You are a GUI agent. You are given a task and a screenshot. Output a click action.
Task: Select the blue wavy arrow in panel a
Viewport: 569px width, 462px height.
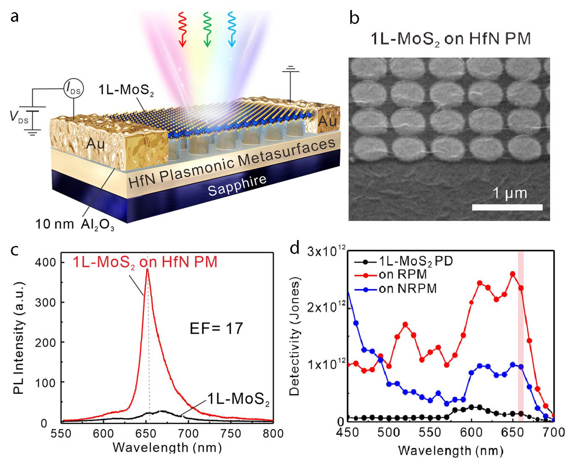click(x=232, y=29)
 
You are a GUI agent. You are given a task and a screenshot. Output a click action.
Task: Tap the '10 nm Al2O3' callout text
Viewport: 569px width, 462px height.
click(x=75, y=224)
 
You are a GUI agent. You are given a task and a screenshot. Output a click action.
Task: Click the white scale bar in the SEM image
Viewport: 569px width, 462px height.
click(x=507, y=207)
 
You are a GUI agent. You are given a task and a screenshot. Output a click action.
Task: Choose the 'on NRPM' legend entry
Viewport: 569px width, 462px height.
click(x=408, y=288)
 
